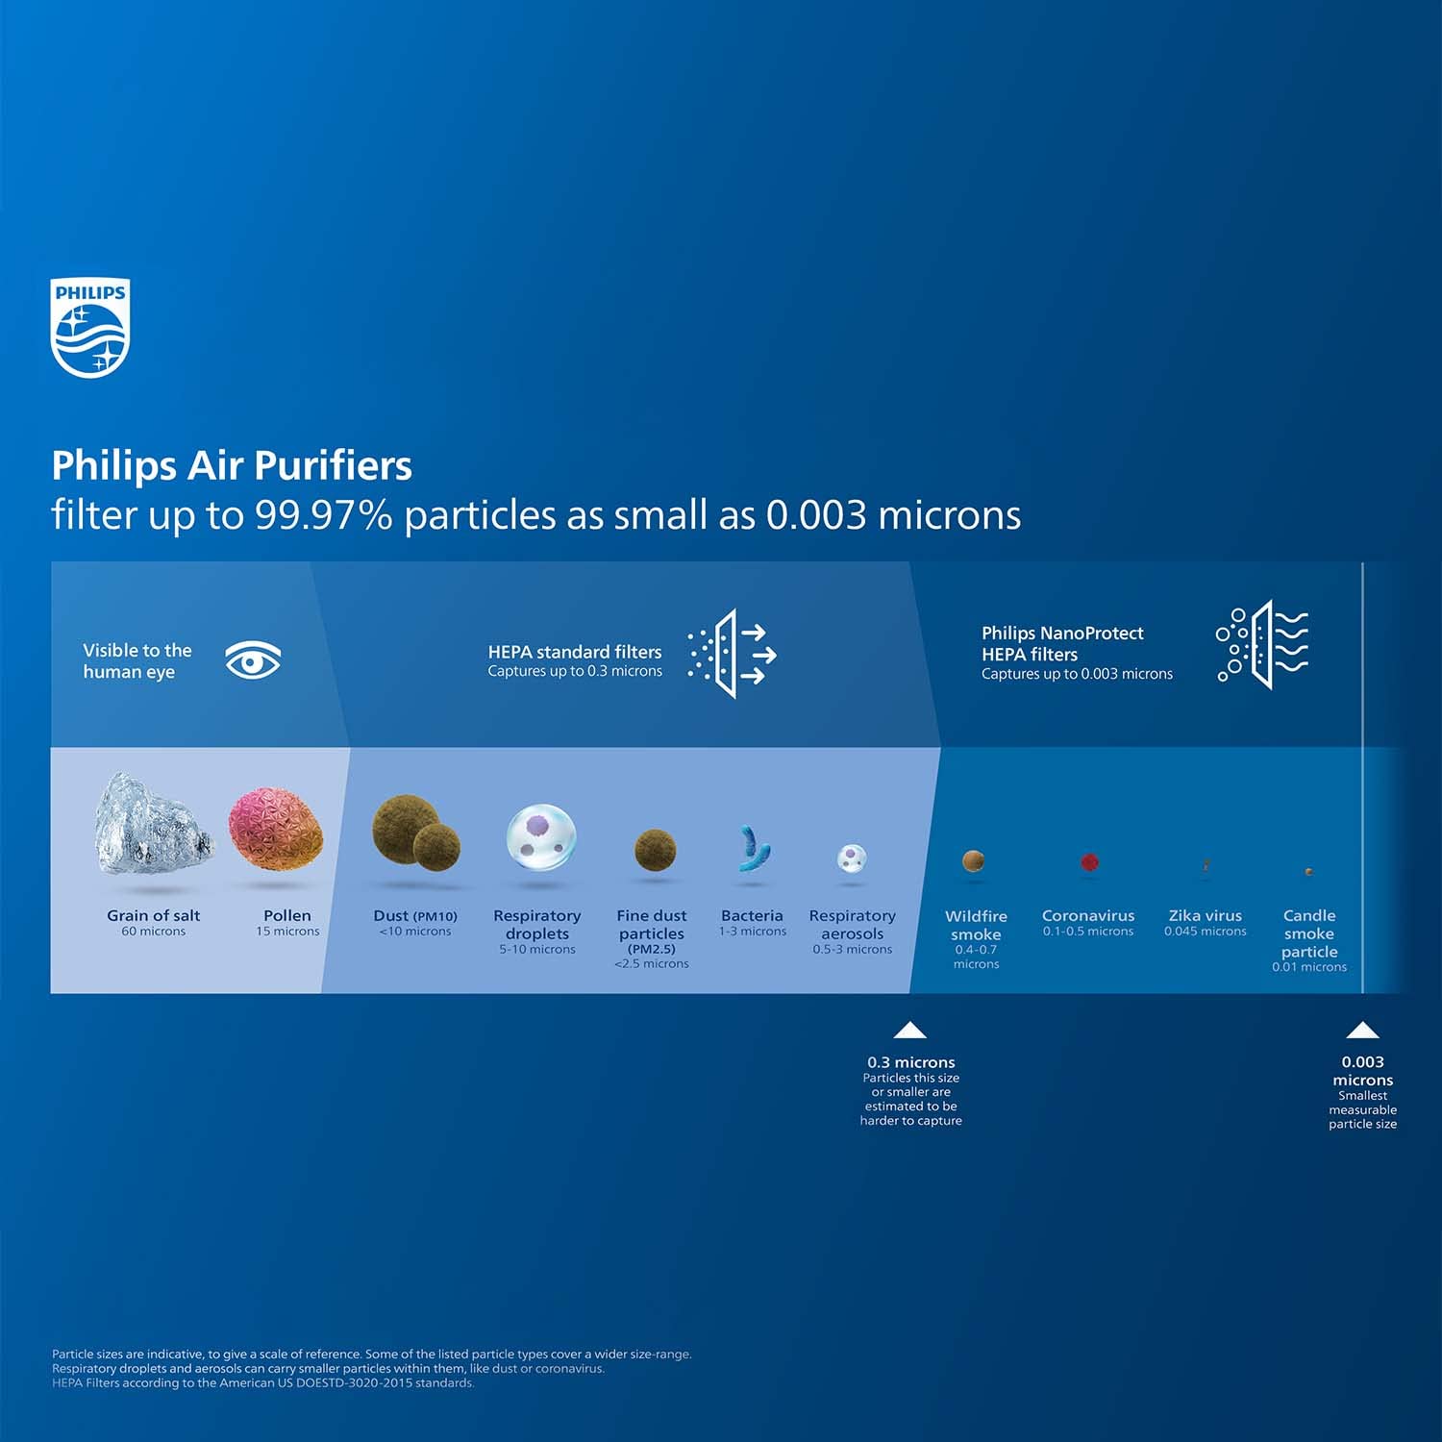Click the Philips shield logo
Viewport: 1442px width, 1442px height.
(x=89, y=328)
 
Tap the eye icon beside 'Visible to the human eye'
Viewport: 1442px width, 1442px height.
(x=253, y=660)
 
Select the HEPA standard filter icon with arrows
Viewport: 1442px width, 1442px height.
(x=732, y=654)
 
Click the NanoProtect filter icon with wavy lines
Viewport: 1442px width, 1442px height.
(x=1262, y=644)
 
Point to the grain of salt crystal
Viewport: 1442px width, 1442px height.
(x=153, y=824)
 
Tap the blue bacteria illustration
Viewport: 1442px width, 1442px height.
(x=752, y=849)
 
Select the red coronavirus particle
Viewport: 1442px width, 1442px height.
(x=1089, y=862)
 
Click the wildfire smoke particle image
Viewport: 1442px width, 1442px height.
(x=974, y=860)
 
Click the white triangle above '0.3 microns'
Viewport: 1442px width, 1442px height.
(x=909, y=1031)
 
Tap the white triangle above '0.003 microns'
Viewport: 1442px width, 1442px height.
(x=1362, y=1030)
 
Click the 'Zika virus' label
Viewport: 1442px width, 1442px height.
(x=1205, y=915)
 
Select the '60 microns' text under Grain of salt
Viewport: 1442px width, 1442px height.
(x=154, y=932)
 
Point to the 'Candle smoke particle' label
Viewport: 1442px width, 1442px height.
(x=1309, y=933)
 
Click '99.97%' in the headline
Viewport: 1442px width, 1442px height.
(x=323, y=514)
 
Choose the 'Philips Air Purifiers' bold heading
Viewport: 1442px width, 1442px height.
(x=232, y=465)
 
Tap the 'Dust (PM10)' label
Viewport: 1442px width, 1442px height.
(x=415, y=916)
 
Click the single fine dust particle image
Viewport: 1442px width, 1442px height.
(x=655, y=851)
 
